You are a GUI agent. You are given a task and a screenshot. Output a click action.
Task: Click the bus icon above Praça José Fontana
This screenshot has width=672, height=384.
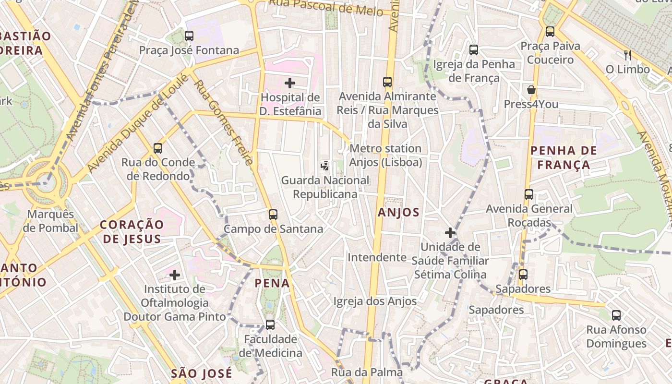pos(189,36)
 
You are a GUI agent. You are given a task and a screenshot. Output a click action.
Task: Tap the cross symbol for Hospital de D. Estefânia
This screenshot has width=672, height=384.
pos(290,83)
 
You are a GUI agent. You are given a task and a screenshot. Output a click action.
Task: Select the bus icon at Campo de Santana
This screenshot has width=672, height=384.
pos(273,215)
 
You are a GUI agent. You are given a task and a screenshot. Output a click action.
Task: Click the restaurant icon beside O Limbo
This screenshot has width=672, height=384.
pos(627,55)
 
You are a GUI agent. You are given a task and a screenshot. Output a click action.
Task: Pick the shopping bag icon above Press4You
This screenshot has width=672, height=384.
pos(531,90)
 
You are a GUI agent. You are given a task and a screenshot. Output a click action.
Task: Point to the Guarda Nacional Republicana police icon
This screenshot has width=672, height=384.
pos(325,166)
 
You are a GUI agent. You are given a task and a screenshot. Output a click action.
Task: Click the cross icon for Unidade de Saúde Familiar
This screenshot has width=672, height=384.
pos(450,233)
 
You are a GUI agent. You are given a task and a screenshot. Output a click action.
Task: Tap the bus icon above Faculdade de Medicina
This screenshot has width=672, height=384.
pos(270,325)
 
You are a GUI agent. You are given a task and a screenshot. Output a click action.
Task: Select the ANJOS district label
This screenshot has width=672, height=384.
pos(398,212)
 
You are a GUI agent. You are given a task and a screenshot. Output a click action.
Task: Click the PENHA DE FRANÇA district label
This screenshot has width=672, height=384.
pos(564,158)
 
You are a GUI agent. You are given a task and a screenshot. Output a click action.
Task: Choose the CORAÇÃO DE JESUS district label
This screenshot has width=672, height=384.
pos(132,231)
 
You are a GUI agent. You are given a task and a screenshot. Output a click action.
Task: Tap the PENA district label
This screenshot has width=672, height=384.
pos(272,283)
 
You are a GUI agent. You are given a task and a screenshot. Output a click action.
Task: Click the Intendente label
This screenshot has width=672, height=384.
pos(377,257)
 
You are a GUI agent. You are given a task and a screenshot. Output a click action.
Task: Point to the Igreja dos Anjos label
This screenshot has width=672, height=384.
pos(375,301)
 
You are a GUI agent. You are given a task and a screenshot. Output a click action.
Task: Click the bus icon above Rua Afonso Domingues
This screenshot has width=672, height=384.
pos(616,315)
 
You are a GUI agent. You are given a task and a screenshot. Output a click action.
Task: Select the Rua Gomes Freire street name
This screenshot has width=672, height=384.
pos(223,122)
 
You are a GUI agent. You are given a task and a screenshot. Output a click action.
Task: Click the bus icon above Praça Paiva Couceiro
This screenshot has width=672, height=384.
pos(550,32)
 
